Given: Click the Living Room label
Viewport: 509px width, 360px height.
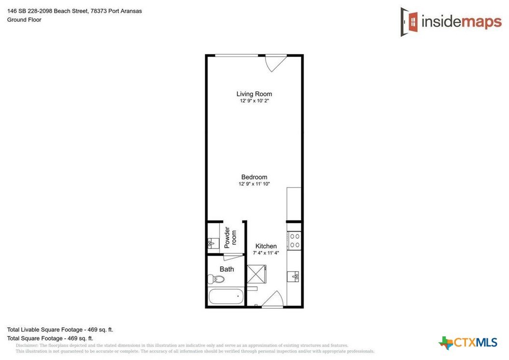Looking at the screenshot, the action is (x=254, y=94).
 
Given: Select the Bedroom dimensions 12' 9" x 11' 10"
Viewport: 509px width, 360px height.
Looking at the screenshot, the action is (x=254, y=184).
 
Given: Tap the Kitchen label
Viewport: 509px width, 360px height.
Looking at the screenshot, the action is (x=266, y=246).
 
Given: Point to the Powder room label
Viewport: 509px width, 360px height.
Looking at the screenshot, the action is (x=230, y=238).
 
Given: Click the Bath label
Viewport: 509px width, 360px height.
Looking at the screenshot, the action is (x=226, y=269).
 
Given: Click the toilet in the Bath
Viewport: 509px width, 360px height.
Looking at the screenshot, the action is (x=216, y=279).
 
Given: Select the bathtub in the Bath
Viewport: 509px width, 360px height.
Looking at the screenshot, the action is (x=226, y=297).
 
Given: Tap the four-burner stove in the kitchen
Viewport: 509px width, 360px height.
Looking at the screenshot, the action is (x=295, y=241).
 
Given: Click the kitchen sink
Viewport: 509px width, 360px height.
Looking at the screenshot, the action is (x=294, y=277).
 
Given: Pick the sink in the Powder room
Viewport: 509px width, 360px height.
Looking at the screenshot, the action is (x=213, y=243).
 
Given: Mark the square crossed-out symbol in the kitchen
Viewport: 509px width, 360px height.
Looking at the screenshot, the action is (x=256, y=275).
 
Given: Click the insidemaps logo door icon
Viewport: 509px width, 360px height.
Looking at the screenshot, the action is (x=409, y=22).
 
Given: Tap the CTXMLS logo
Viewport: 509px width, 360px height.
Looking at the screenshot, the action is (x=468, y=343).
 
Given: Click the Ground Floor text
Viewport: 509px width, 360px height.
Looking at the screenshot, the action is (x=24, y=20).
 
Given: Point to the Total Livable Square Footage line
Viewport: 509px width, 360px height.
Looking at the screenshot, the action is (x=60, y=330).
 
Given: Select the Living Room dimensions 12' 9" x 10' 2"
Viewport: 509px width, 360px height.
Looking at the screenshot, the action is (x=254, y=101).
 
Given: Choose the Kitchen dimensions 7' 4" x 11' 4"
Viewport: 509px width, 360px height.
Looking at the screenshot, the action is (x=266, y=253).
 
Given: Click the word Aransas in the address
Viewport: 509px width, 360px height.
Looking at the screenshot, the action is (x=131, y=11).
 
